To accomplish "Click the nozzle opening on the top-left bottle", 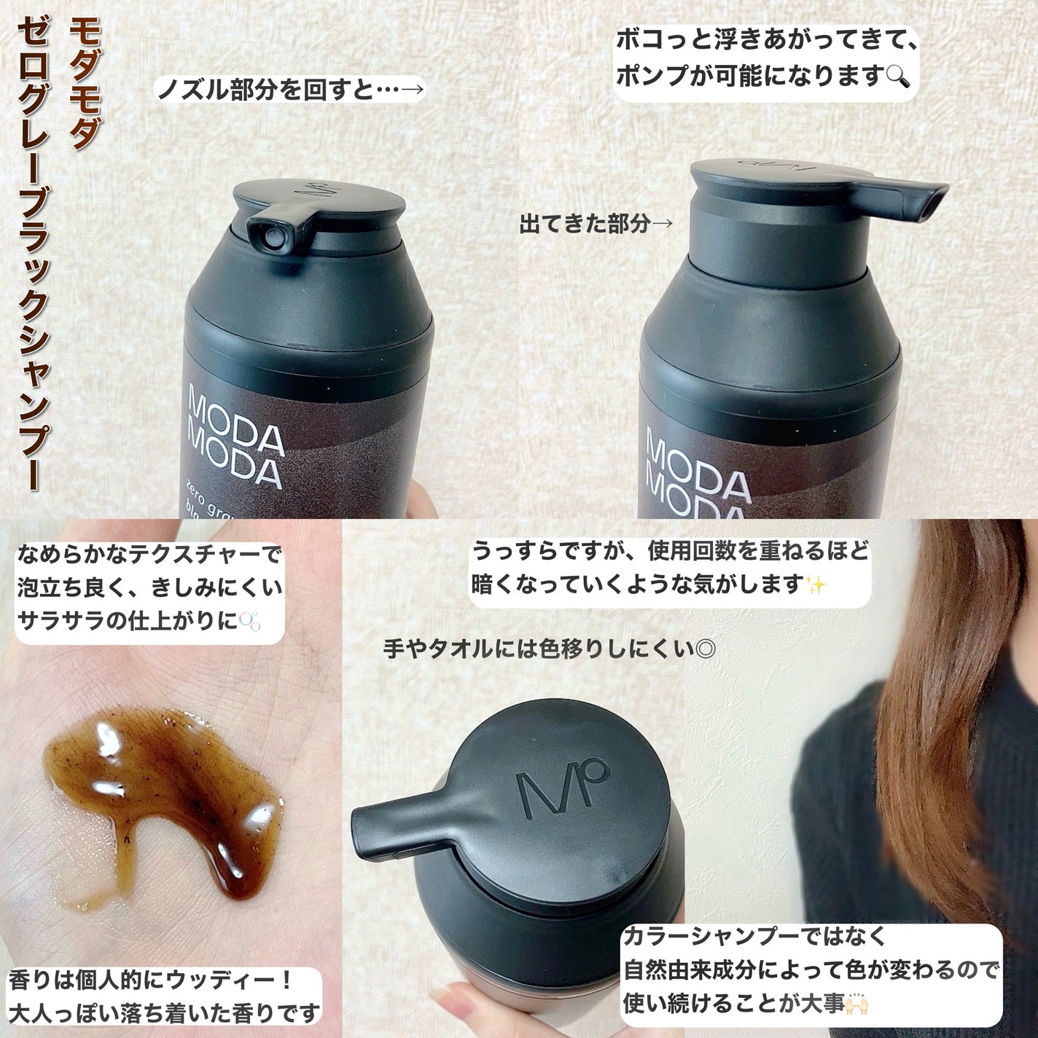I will [271, 235].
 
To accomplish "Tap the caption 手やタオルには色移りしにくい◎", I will [548, 649].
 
